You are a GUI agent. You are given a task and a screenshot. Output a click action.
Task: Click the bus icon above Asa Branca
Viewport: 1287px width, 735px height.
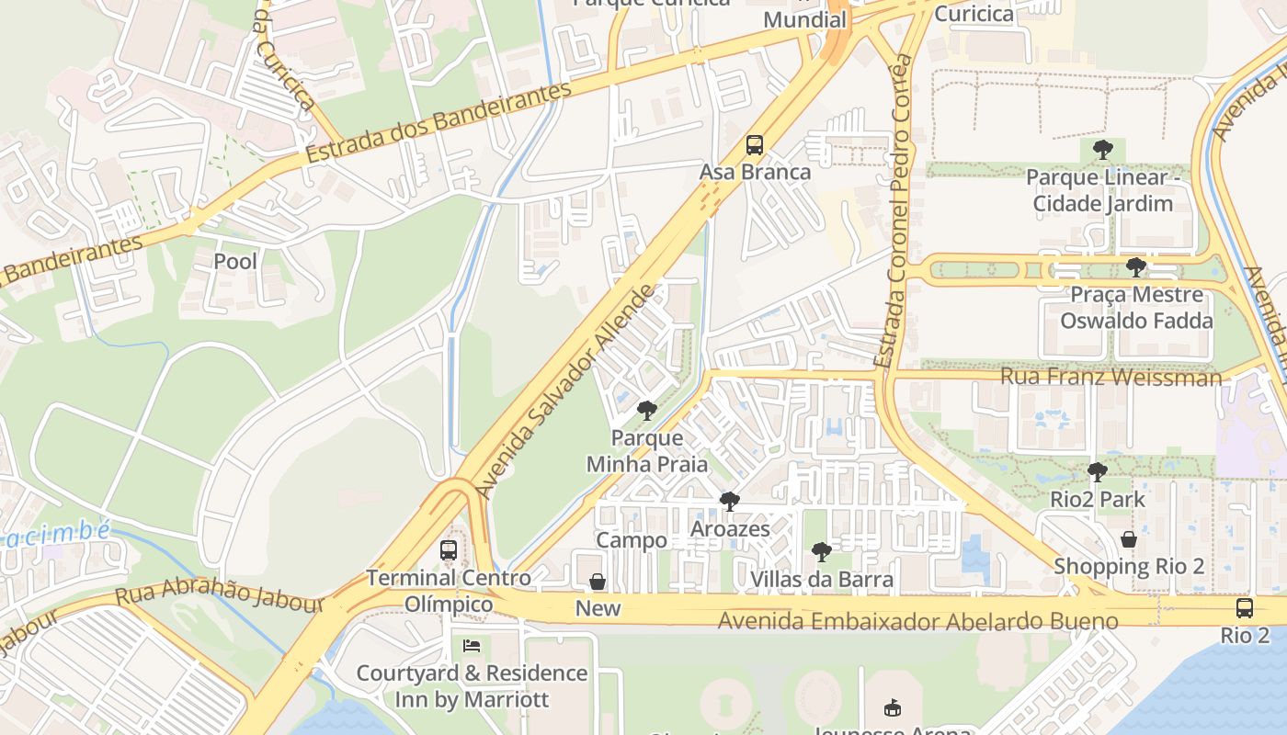click(x=755, y=145)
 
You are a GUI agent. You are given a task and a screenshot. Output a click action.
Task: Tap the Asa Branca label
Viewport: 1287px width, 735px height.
click(x=755, y=172)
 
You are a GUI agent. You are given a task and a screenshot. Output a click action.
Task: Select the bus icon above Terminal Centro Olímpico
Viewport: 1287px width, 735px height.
click(x=449, y=550)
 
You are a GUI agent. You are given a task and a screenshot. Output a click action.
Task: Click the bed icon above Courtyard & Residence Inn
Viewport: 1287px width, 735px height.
click(x=472, y=646)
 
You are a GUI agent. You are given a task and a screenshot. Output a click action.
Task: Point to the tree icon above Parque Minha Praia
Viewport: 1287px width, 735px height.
click(x=647, y=411)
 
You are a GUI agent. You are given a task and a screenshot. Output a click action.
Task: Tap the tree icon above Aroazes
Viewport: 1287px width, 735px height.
click(x=730, y=502)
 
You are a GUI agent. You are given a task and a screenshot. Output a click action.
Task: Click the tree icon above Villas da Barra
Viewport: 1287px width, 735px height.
click(x=822, y=552)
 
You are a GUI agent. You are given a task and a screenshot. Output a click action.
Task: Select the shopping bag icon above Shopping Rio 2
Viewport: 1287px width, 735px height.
click(x=1129, y=539)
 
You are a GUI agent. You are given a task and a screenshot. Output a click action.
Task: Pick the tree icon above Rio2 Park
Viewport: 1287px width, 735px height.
click(x=1097, y=472)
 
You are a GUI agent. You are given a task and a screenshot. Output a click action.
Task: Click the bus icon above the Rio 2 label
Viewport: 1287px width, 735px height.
click(x=1245, y=608)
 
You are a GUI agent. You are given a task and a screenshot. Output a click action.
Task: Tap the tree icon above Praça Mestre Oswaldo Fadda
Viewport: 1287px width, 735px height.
click(x=1136, y=267)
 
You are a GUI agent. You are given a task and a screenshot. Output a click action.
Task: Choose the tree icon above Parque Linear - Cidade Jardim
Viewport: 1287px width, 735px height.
click(x=1103, y=150)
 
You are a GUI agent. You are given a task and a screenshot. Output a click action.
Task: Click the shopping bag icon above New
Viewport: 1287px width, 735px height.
click(x=598, y=582)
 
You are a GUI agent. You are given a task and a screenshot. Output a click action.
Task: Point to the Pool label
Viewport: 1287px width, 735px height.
click(x=235, y=261)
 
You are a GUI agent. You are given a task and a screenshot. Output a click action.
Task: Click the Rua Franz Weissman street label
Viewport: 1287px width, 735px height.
click(x=1110, y=377)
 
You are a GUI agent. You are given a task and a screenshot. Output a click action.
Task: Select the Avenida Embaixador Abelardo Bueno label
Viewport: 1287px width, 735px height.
click(x=917, y=622)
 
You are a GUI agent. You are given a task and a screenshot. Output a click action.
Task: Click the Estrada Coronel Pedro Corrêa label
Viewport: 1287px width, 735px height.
click(x=897, y=211)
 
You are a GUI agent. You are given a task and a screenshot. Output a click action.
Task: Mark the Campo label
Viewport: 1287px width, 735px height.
click(x=632, y=540)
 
